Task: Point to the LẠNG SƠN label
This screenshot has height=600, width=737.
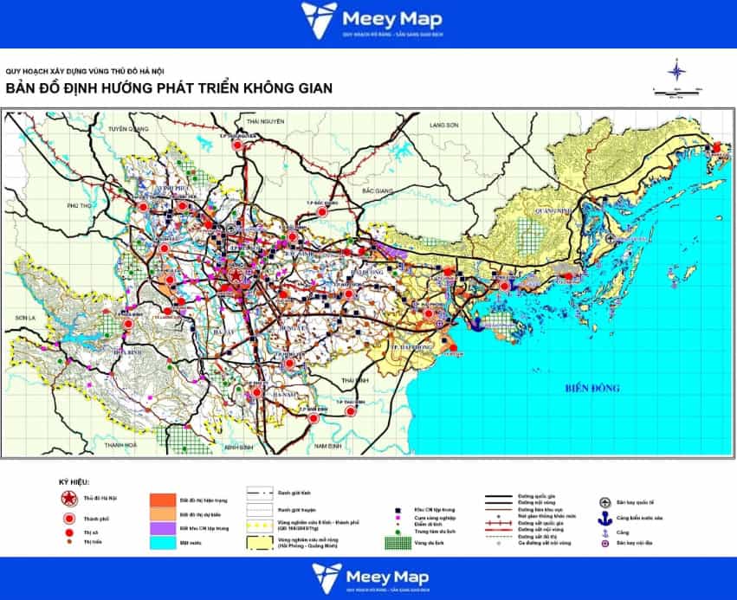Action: coord(444,126)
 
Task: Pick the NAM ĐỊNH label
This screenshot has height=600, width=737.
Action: coord(329,445)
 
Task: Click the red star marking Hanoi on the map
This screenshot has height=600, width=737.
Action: coord(235,276)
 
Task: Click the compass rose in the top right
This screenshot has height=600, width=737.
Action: coord(677,70)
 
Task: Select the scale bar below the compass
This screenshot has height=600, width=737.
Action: coord(677,90)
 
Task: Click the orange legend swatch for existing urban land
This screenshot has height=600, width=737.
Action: coord(163,500)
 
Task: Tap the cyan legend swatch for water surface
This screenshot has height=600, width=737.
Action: coord(163,541)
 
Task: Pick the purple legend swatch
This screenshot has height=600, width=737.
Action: coord(163,527)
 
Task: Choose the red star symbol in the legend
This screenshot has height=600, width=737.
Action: coord(68,499)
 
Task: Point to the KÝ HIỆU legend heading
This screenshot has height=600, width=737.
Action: coord(74,481)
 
